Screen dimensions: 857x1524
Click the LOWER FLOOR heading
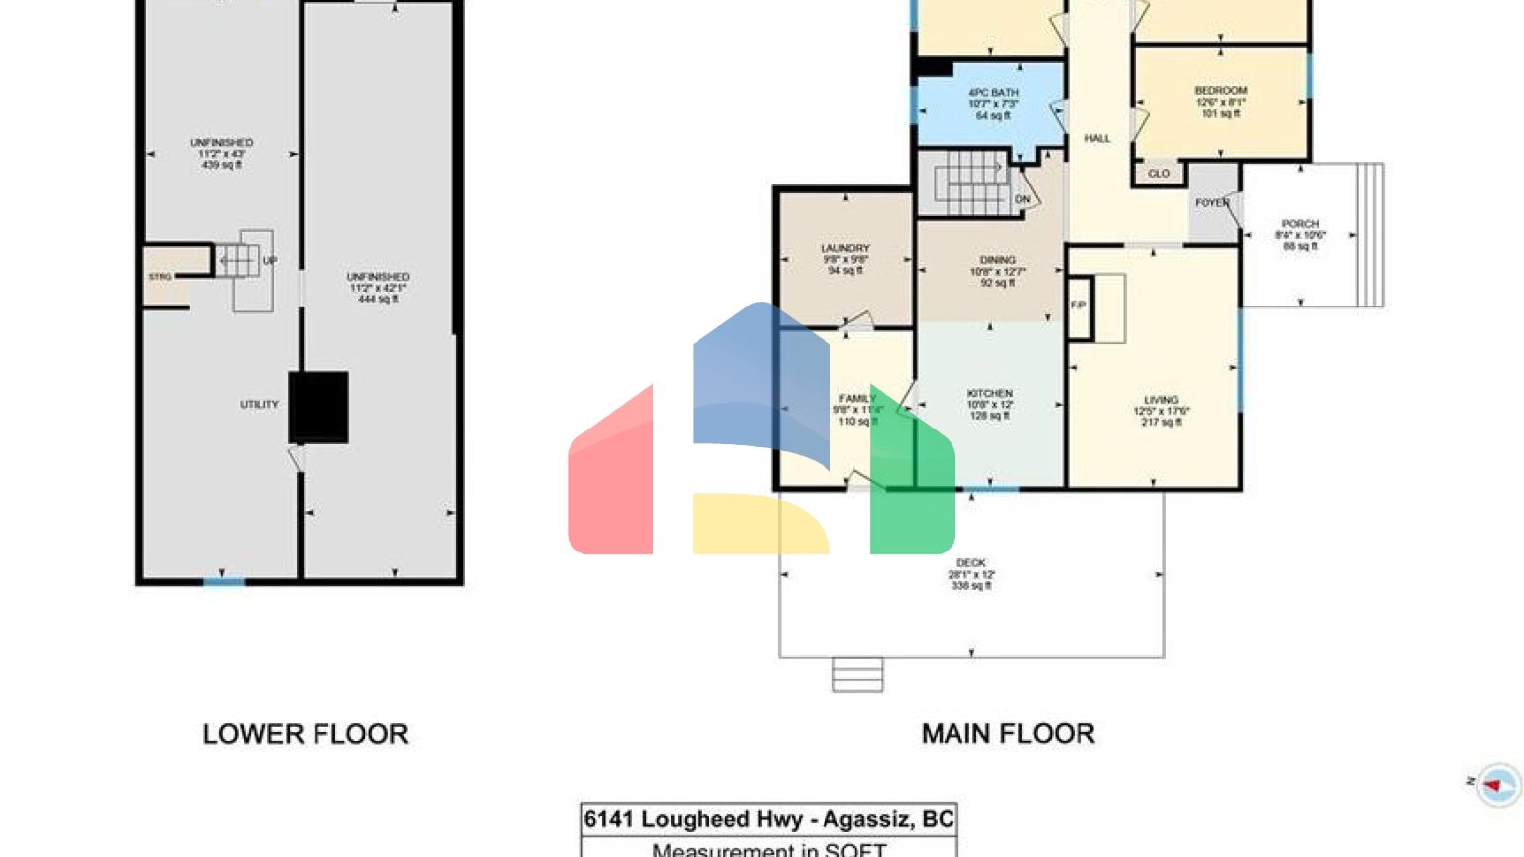306,734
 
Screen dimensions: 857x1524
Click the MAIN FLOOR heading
1008,734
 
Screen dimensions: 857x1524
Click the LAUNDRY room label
845,248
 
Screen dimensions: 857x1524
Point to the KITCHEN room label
989,394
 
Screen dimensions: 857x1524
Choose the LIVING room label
1160,400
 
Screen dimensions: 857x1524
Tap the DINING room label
997,260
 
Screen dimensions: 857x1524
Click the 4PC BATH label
993,93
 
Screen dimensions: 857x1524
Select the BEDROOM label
1220,91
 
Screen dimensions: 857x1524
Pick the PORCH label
1300,224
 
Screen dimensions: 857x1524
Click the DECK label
970,563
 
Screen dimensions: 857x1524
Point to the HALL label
1097,139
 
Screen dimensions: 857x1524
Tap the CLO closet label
1159,174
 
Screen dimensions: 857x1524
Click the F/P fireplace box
1079,306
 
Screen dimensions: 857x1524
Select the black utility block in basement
318,407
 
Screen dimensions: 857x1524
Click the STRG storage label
160,277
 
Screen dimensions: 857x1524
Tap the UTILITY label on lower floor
259,405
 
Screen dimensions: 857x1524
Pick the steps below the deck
857,674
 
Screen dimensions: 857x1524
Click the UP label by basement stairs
270,261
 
